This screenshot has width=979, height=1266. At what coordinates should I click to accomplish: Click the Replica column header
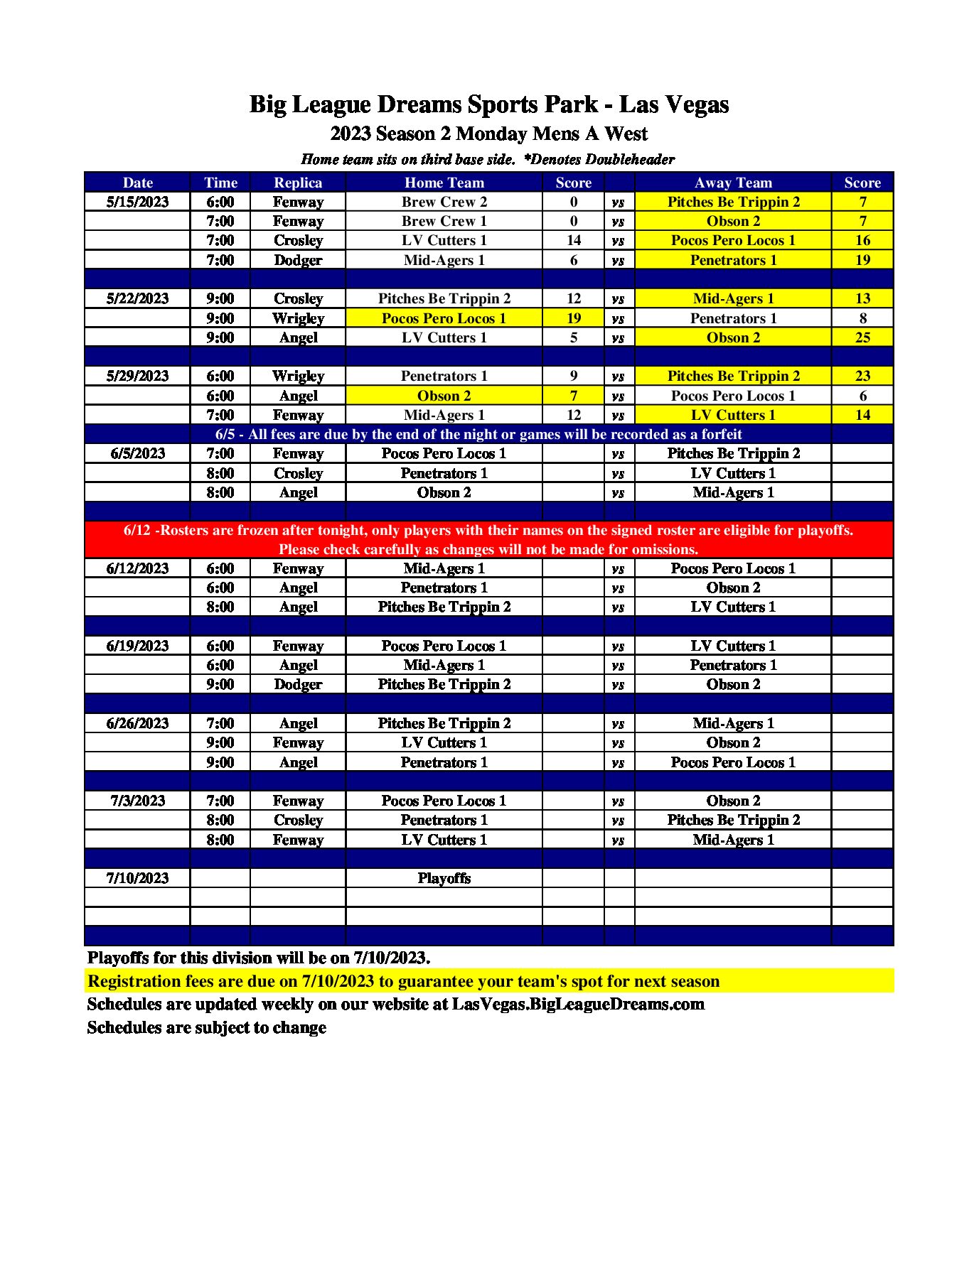point(298,183)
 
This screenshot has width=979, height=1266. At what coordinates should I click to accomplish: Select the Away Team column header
point(732,183)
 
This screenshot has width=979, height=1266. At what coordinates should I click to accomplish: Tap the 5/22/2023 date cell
point(137,298)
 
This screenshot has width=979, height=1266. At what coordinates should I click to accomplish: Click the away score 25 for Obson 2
point(862,337)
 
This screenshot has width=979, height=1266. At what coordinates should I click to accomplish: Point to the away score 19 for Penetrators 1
point(862,260)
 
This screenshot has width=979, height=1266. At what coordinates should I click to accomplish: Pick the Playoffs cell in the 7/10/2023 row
point(444,878)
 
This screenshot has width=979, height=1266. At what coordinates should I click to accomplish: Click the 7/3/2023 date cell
point(137,801)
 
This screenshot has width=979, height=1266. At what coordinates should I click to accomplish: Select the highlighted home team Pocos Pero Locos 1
point(444,318)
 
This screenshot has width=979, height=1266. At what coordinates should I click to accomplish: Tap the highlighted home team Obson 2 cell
point(444,396)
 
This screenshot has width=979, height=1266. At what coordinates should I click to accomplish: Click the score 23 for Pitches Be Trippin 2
point(862,376)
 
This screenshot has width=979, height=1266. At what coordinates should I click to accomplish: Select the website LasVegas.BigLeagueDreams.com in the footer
point(577,1004)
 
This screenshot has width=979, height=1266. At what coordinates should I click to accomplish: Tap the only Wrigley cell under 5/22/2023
point(298,318)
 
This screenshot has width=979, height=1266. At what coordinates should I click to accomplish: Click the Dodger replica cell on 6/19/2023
point(298,684)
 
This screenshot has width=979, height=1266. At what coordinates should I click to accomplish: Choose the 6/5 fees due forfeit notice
point(478,434)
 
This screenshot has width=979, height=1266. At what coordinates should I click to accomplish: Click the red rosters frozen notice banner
point(488,540)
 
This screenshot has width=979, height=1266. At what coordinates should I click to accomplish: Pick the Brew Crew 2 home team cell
point(444,202)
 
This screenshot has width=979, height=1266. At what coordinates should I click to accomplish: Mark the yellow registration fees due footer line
point(403,981)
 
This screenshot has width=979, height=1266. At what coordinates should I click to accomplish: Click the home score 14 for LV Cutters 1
point(573,240)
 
